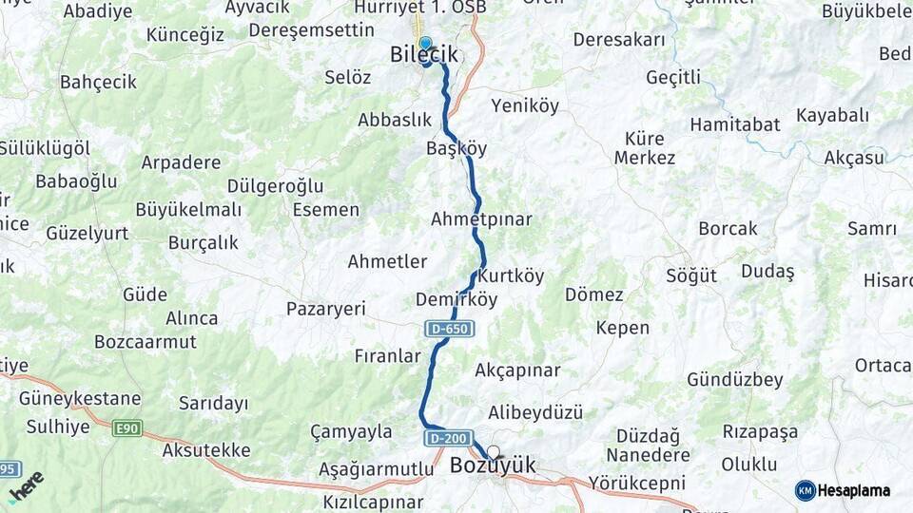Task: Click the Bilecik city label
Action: tap(424, 56)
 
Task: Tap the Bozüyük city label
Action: tap(493, 465)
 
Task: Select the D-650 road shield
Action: tap(450, 329)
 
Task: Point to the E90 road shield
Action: tap(126, 428)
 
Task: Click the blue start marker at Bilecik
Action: tap(425, 44)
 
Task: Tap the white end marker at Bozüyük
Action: tap(493, 452)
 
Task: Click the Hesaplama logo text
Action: tap(854, 490)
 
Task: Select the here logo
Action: tap(27, 486)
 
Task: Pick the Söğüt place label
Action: tap(691, 276)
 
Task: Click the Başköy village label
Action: tap(456, 149)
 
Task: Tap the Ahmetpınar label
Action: tap(481, 219)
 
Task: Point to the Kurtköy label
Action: tap(512, 276)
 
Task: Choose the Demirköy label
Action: tap(456, 300)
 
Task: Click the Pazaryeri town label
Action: tap(326, 309)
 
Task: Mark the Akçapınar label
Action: tap(517, 370)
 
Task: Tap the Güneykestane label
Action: tap(80, 399)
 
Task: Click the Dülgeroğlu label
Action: tap(276, 186)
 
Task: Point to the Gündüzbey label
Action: tap(735, 380)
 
